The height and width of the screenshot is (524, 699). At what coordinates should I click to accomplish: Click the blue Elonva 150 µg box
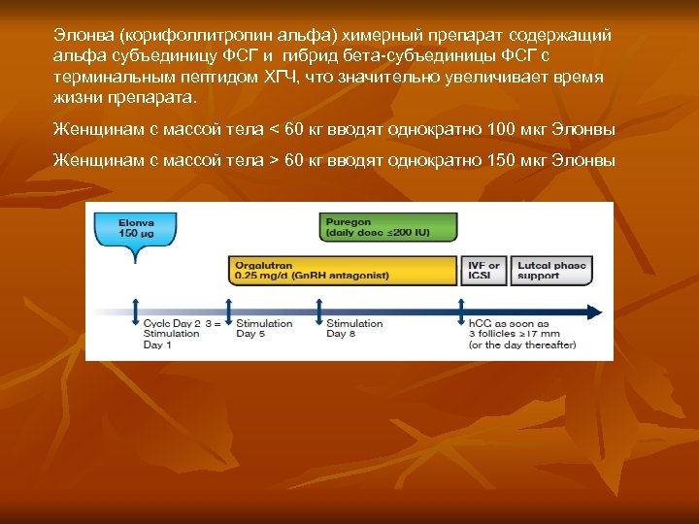click(x=128, y=229)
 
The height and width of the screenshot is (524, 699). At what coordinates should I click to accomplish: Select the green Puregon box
click(x=387, y=227)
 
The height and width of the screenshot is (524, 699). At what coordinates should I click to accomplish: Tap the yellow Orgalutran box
click(x=343, y=270)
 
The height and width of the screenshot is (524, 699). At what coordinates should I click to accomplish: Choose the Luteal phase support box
click(x=551, y=270)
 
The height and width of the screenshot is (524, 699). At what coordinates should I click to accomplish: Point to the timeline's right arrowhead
click(x=596, y=312)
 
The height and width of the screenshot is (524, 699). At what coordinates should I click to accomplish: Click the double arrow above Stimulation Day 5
click(x=228, y=311)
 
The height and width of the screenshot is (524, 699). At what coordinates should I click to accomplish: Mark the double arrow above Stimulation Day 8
click(x=319, y=311)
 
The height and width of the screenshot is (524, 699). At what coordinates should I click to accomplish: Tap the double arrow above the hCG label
click(x=461, y=311)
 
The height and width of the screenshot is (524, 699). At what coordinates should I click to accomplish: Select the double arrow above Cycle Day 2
click(x=136, y=311)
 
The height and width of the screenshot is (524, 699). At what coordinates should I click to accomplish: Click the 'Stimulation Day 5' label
click(x=264, y=328)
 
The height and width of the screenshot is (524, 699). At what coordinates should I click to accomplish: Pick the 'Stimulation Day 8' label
click(x=354, y=328)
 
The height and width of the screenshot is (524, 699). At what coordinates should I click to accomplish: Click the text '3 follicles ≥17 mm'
click(x=516, y=334)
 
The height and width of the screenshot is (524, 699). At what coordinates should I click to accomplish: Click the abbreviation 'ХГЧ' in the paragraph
click(x=287, y=78)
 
